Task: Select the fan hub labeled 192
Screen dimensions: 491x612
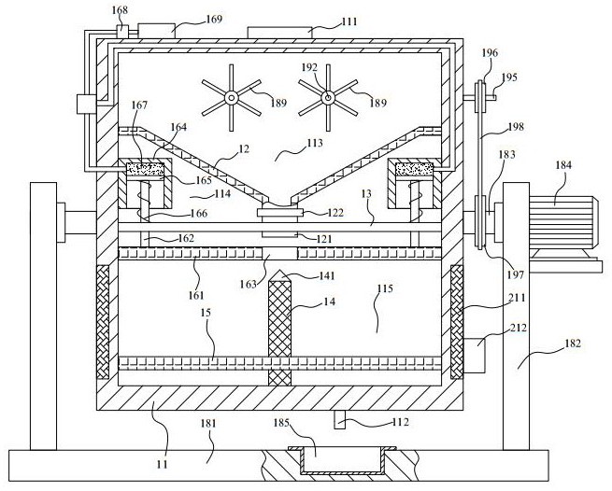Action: click(x=328, y=96)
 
